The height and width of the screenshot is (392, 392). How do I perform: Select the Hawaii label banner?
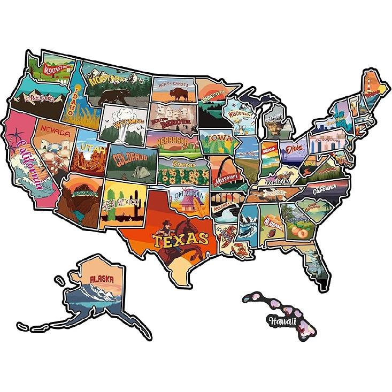click(281, 321)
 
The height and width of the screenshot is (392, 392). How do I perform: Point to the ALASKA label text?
click(101, 279)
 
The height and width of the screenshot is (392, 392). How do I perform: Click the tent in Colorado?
click(141, 171)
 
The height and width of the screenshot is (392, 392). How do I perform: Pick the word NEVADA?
click(55, 132)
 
